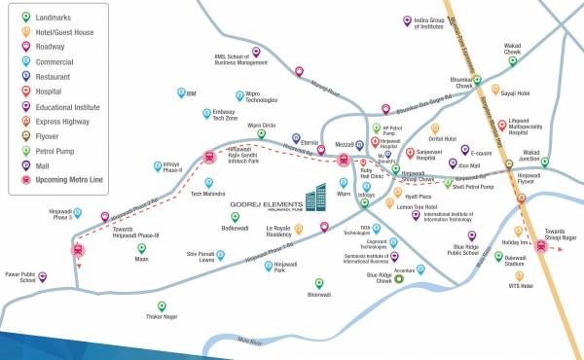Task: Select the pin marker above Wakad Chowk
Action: coord(513,60)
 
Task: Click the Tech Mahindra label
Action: coord(208,193)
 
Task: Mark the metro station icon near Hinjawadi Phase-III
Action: coord(78,248)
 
